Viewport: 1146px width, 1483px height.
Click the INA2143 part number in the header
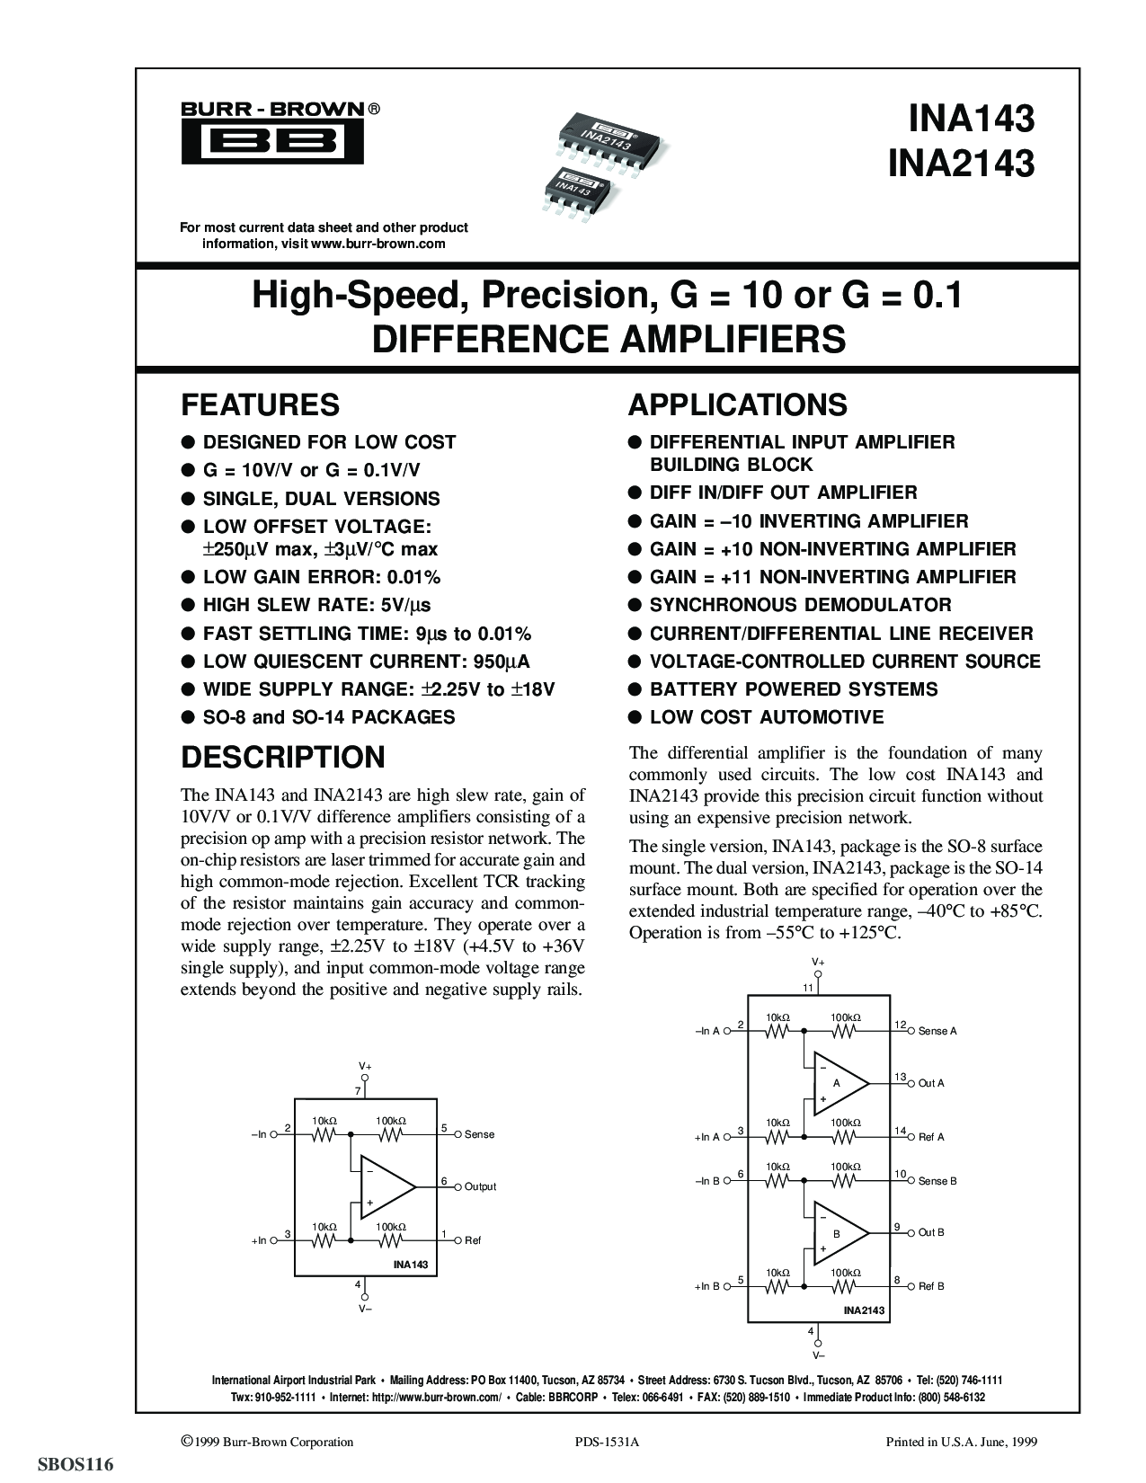click(960, 164)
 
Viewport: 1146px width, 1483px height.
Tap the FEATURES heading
click(260, 404)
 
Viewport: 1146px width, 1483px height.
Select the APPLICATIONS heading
click(737, 404)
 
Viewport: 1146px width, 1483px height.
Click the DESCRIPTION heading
click(283, 757)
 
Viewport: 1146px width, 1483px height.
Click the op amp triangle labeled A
click(837, 1083)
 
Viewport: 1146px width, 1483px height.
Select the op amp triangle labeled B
click(837, 1234)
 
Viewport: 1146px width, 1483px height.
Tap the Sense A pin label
click(937, 1031)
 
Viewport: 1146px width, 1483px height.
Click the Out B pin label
click(931, 1232)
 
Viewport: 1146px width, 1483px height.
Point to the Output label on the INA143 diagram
click(480, 1186)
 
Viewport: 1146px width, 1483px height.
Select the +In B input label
click(707, 1287)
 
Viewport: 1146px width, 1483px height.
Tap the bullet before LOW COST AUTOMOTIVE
click(635, 717)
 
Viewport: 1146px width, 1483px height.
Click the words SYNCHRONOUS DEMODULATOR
click(800, 605)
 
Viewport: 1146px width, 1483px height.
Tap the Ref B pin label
click(931, 1286)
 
